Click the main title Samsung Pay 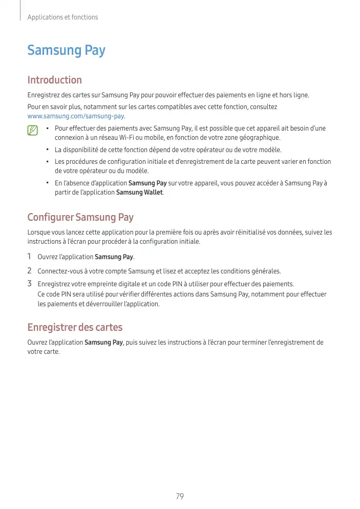click(x=66, y=51)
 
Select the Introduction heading click(x=54, y=80)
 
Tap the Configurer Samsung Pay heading click(x=80, y=217)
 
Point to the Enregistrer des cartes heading click(x=75, y=327)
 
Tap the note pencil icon click(x=33, y=131)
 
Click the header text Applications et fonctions click(x=62, y=17)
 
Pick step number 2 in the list click(x=30, y=270)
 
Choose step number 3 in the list click(x=30, y=284)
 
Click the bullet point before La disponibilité click(x=47, y=150)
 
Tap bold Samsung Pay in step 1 click(x=114, y=257)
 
